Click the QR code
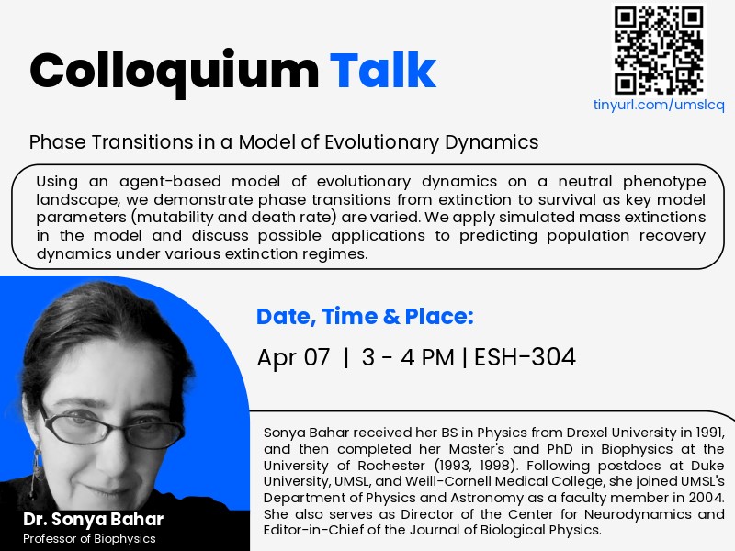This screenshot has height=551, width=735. tap(659, 50)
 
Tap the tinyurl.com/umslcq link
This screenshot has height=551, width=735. tap(659, 106)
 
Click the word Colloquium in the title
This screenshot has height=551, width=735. tap(174, 70)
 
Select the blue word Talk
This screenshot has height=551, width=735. tap(383, 70)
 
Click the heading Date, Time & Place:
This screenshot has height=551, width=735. tap(365, 318)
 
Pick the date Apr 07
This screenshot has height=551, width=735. tap(293, 357)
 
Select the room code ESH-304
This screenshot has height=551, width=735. tap(525, 357)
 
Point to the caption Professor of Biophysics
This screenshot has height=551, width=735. tap(89, 539)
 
